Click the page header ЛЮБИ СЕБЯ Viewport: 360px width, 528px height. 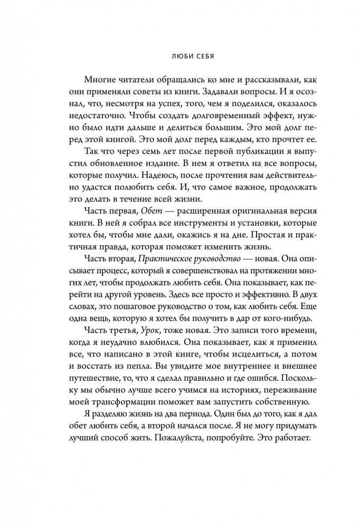179,55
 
